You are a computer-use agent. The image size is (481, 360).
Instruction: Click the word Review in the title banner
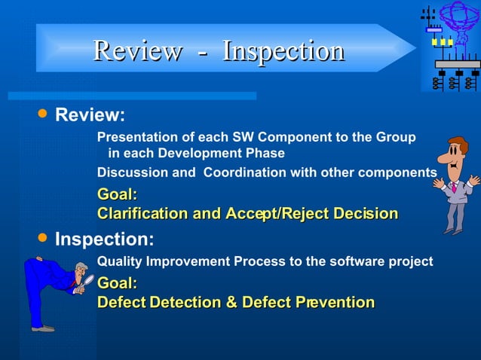coord(137,51)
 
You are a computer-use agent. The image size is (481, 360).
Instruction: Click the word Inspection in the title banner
coord(283,51)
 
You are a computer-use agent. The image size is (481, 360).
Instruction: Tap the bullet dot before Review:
coord(42,114)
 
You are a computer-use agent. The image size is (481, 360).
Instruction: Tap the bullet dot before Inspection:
coord(42,238)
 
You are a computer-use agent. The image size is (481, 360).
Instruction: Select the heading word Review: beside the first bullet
coord(90,116)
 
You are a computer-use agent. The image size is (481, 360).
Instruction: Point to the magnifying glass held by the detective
coord(88,281)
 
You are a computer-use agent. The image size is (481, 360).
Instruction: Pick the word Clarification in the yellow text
coord(142,214)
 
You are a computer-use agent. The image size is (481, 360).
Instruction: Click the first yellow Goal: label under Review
coord(117,195)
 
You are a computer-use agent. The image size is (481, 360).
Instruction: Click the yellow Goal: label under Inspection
coord(117,284)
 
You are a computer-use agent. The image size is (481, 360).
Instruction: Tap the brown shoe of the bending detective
coord(43,328)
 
